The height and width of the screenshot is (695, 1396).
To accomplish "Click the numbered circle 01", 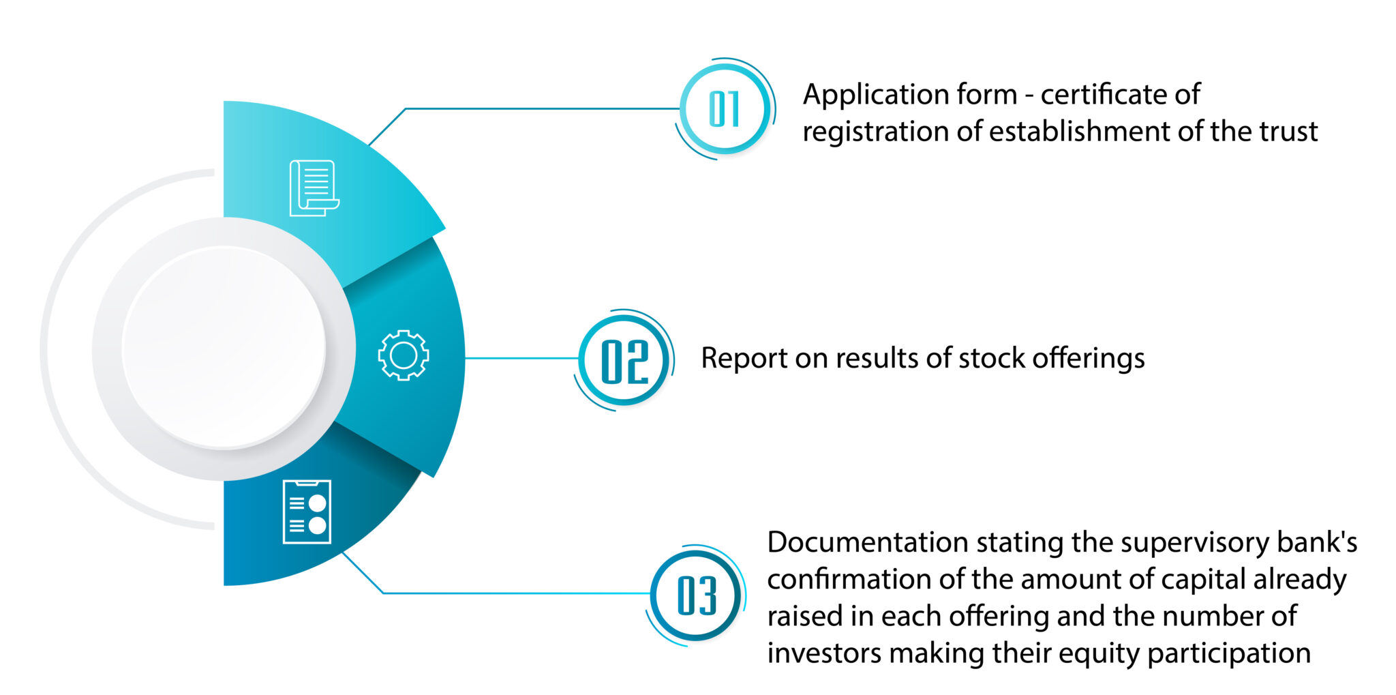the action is [x=725, y=109].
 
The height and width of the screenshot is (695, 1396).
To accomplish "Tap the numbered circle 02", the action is [x=624, y=360].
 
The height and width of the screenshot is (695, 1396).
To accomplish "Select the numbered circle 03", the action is [x=696, y=595].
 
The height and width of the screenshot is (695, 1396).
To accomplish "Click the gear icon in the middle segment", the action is [x=404, y=355].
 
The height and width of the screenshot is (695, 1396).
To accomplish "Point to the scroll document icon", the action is [x=314, y=188].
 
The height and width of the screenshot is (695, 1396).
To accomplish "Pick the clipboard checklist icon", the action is [x=307, y=512].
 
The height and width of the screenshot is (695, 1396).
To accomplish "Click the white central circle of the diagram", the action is [x=224, y=348].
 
